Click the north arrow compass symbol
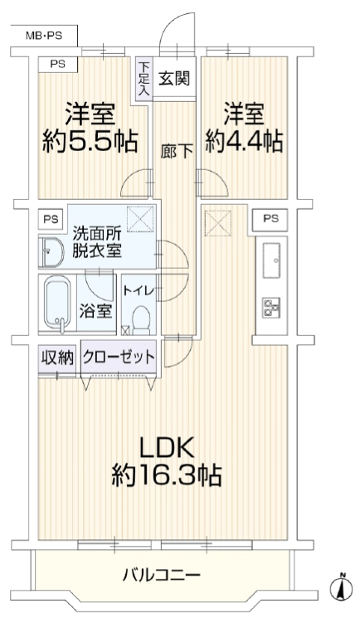(342, 587)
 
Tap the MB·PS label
(44, 37)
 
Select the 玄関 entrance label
(174, 79)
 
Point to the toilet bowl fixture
(141, 320)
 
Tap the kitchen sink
(271, 260)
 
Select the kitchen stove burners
(271, 307)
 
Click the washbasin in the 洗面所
(51, 253)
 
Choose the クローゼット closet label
(119, 357)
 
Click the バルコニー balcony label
(161, 574)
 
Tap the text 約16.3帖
(166, 475)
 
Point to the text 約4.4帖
(244, 142)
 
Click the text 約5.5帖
(90, 142)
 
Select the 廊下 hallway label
(177, 152)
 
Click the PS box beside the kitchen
(270, 218)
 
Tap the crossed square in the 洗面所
(140, 218)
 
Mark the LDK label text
(166, 447)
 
